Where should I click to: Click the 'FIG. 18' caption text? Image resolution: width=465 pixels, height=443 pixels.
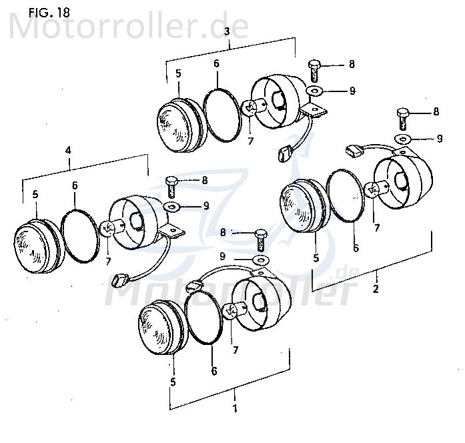pyautogui.click(x=49, y=12)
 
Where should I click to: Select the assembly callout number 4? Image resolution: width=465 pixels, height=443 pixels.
pyautogui.click(x=67, y=151)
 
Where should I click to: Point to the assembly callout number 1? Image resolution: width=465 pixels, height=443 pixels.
pyautogui.click(x=234, y=406)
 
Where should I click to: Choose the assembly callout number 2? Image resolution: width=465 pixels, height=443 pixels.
pyautogui.click(x=375, y=289)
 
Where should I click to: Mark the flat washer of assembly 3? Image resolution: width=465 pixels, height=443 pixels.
pyautogui.click(x=314, y=90)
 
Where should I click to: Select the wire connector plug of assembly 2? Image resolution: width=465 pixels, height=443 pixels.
pyautogui.click(x=354, y=151)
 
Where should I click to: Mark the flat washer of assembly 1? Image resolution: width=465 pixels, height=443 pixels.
pyautogui.click(x=261, y=258)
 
